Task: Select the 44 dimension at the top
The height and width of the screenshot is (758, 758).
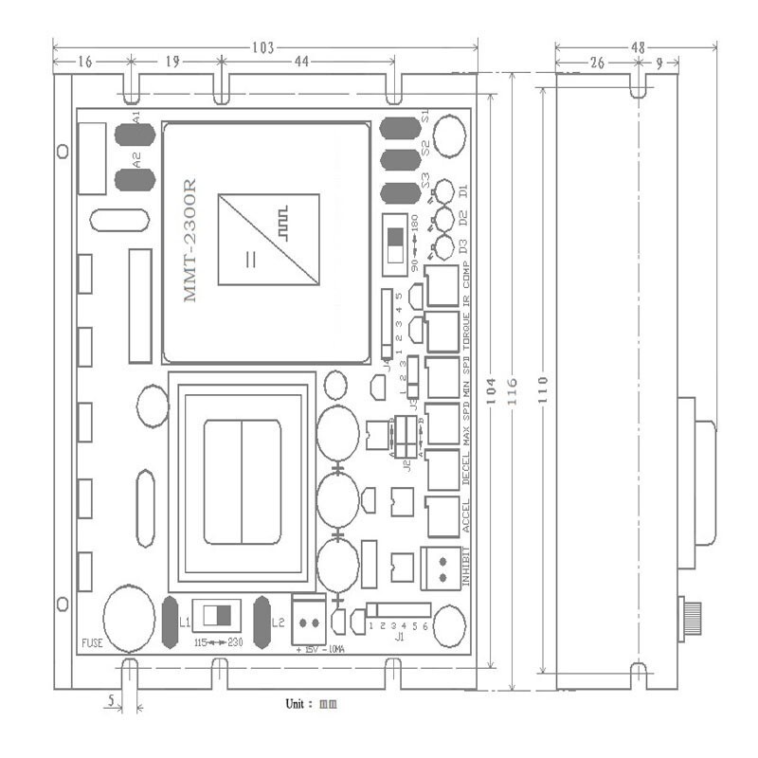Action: [302, 62]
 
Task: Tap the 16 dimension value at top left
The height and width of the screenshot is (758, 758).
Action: [85, 62]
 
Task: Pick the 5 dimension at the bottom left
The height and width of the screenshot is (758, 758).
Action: [112, 702]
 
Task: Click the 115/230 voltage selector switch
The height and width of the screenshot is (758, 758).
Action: [216, 614]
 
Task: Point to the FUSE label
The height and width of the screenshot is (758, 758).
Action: [91, 642]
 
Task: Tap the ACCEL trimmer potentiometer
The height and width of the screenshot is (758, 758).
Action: [442, 515]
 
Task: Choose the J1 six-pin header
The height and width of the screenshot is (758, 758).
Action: [399, 609]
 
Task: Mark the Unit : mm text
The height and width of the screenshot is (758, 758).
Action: [311, 704]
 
